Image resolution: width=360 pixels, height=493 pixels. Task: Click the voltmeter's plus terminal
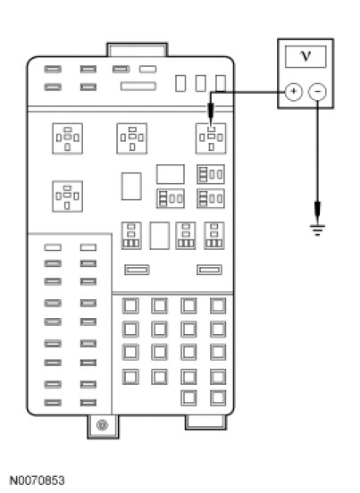(293, 91)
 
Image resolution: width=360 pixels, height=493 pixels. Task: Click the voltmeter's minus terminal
(317, 91)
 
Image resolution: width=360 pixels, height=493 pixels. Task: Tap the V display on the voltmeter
(306, 56)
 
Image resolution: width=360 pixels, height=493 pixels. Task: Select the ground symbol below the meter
(317, 230)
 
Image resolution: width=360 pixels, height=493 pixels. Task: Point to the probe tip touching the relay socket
(211, 125)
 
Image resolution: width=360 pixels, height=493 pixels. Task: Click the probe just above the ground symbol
(317, 212)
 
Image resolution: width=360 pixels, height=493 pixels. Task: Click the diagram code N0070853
(38, 480)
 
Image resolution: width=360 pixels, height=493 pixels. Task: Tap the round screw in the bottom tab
(102, 425)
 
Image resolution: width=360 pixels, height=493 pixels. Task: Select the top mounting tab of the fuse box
(137, 50)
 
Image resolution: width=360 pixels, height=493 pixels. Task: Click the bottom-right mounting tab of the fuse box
(205, 422)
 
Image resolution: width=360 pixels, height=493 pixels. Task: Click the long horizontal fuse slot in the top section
(138, 86)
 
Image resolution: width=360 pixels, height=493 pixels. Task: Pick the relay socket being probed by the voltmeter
(211, 138)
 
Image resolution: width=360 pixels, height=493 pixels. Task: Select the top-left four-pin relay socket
(67, 138)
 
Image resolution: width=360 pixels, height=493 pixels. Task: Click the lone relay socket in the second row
(67, 196)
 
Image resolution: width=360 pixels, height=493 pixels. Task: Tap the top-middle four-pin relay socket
(131, 138)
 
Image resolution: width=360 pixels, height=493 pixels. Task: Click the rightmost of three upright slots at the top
(221, 83)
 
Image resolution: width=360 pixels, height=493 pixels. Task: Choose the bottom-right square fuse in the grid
(218, 397)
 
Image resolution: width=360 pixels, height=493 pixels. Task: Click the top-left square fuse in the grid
(130, 305)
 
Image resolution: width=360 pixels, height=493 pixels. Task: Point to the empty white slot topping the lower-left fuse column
(53, 247)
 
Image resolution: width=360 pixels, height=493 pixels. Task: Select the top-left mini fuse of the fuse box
(53, 69)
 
